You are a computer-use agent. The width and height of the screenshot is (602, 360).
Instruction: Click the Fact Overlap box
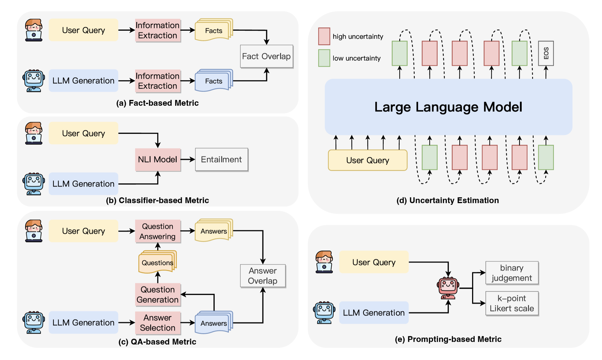[266, 56]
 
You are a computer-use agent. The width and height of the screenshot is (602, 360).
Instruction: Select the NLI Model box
[158, 159]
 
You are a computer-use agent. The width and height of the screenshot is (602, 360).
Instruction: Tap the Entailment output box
[222, 159]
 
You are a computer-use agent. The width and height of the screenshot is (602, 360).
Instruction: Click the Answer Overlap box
[263, 276]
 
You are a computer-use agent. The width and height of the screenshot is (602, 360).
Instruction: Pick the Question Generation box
[158, 294]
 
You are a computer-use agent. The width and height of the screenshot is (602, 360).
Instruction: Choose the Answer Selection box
[158, 323]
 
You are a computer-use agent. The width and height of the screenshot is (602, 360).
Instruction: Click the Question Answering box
[158, 231]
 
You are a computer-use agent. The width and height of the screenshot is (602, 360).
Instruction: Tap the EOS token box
[546, 53]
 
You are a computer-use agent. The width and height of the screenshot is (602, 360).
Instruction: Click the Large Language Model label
[448, 107]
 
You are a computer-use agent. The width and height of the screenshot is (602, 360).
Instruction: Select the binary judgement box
[512, 273]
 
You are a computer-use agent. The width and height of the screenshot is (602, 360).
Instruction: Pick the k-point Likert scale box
[512, 303]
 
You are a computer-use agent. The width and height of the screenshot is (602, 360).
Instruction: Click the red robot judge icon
[448, 288]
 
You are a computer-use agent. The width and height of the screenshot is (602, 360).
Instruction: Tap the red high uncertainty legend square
[324, 36]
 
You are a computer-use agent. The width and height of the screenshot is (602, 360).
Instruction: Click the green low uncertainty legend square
[324, 58]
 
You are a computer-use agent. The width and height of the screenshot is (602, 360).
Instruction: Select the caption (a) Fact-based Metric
[157, 103]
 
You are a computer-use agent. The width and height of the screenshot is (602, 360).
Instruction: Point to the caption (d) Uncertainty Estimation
[448, 200]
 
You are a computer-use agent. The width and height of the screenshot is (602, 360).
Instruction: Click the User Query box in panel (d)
[367, 160]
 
